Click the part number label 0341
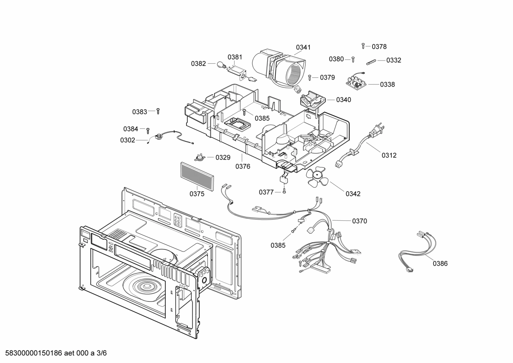(x=303, y=47)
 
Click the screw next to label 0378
(x=363, y=46)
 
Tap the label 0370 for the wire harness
(x=359, y=221)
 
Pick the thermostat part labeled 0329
(x=200, y=157)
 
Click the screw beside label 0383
(x=158, y=112)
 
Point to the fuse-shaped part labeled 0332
(x=369, y=61)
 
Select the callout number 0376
(x=243, y=166)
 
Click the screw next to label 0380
(x=353, y=59)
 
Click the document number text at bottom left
(x=54, y=353)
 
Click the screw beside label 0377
(x=284, y=192)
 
